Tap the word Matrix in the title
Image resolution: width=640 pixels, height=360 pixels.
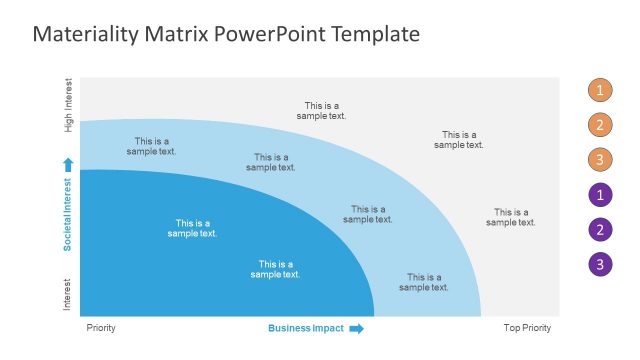(177, 35)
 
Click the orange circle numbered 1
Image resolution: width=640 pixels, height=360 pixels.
(599, 91)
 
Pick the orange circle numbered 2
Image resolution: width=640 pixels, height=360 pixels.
(599, 125)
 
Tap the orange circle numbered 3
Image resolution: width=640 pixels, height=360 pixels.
(599, 160)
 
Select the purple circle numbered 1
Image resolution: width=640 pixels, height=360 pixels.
(599, 195)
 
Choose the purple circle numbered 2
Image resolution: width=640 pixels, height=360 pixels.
(599, 230)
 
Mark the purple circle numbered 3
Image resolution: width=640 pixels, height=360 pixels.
(599, 265)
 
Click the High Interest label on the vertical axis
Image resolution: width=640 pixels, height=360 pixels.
(68, 105)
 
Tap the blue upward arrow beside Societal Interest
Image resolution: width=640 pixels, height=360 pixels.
(68, 164)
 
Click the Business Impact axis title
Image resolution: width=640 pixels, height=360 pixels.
(306, 328)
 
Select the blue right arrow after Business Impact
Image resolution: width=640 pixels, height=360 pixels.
(356, 328)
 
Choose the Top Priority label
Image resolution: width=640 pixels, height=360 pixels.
(526, 328)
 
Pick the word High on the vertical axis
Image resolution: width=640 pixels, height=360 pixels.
(68, 123)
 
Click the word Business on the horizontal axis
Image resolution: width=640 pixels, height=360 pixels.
(288, 328)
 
